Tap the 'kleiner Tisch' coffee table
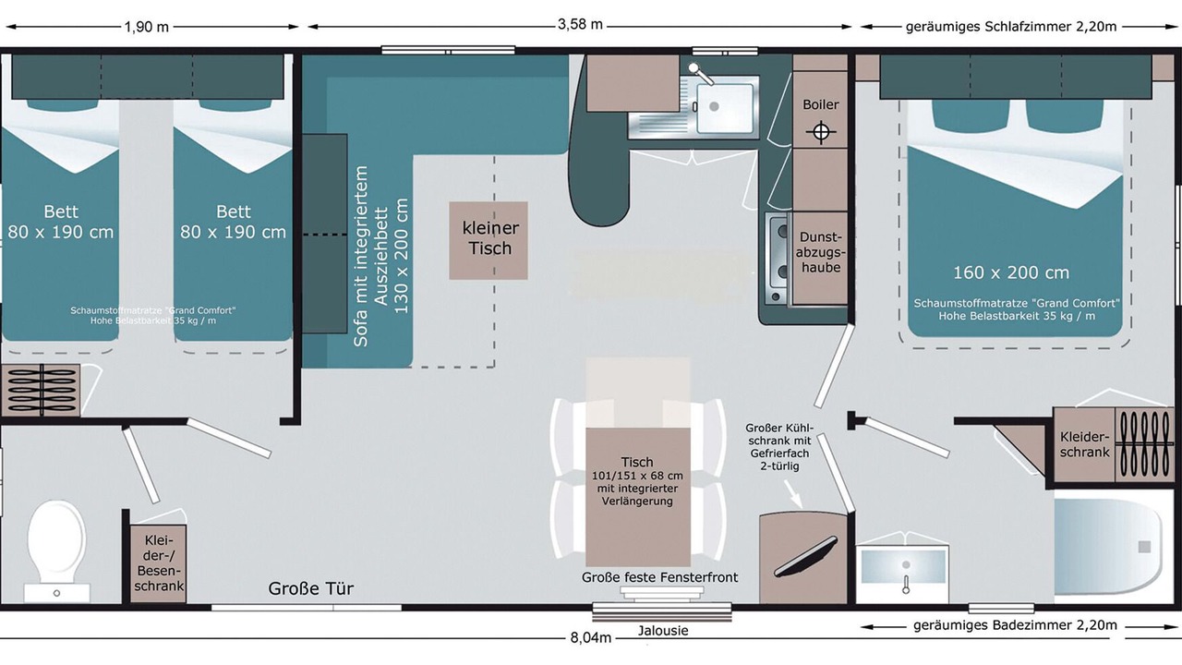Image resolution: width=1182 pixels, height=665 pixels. click(x=489, y=239)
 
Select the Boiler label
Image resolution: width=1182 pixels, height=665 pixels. click(x=820, y=105)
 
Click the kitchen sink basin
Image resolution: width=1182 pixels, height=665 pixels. click(x=725, y=108)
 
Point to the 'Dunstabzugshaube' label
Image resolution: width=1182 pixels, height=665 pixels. click(x=820, y=252)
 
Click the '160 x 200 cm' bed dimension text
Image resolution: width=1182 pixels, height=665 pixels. click(x=1011, y=272)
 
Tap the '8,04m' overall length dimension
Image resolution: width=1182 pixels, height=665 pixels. click(x=591, y=637)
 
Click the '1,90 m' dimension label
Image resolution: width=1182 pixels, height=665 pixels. click(x=147, y=27)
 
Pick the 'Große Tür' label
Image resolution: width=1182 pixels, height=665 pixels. click(x=311, y=588)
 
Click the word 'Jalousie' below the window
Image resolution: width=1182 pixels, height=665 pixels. click(x=663, y=631)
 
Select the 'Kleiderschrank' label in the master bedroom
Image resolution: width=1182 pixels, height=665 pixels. click(x=1085, y=443)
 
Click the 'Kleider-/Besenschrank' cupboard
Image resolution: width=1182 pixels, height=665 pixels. click(x=158, y=562)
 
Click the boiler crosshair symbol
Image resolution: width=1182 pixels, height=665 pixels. click(x=819, y=133)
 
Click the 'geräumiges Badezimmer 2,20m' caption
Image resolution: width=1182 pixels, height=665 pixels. click(x=1015, y=625)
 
